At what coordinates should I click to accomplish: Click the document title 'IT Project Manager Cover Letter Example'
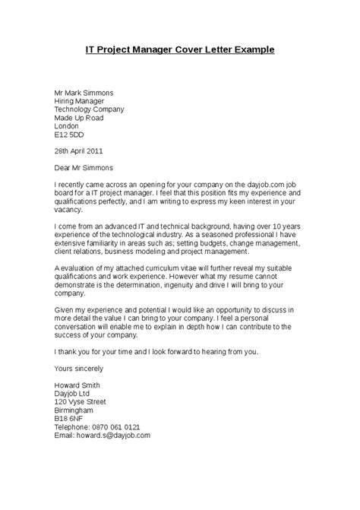[179, 49]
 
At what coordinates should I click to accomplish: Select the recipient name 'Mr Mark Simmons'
[87, 90]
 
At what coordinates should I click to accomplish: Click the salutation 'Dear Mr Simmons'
[86, 169]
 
